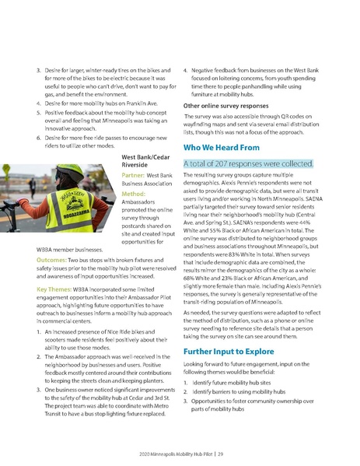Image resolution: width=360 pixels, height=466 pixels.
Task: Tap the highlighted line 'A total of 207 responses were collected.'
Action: [247, 164]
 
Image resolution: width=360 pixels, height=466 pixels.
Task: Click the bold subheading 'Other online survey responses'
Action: [226, 105]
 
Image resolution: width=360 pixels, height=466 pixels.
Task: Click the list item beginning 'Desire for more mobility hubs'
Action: [94, 102]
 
